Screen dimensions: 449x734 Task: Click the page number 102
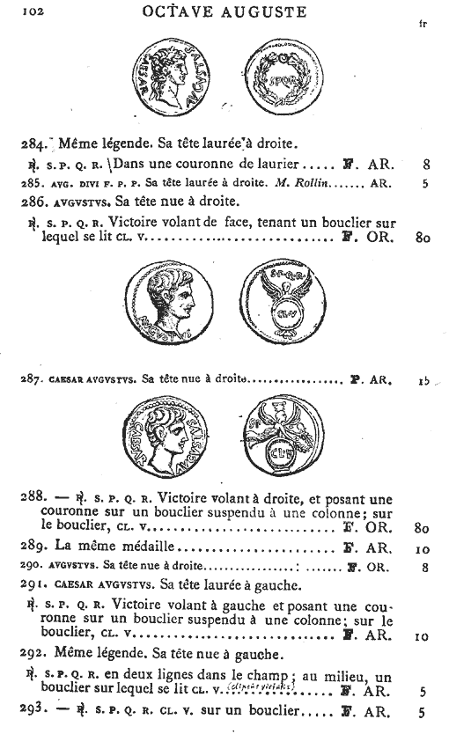point(33,12)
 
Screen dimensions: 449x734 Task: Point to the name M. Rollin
point(310,185)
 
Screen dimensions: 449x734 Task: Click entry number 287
point(31,381)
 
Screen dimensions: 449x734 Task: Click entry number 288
point(32,497)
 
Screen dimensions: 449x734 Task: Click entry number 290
point(30,567)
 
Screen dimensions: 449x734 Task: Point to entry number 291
point(31,587)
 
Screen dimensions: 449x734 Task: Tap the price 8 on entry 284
point(425,163)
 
